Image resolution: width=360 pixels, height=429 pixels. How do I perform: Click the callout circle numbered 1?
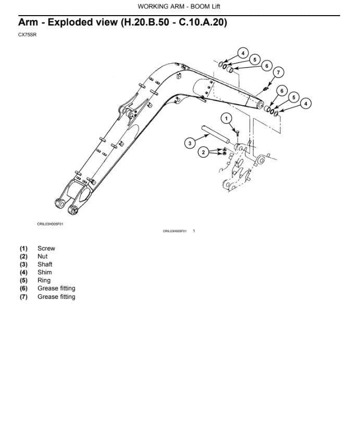pyautogui.click(x=226, y=119)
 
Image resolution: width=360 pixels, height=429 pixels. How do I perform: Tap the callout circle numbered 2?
pyautogui.click(x=203, y=152)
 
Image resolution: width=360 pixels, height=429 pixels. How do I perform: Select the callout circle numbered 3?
pyautogui.click(x=190, y=142)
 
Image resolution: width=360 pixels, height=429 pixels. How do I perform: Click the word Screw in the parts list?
pyautogui.click(x=46, y=248)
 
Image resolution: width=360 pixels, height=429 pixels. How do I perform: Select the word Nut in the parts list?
pyautogui.click(x=42, y=256)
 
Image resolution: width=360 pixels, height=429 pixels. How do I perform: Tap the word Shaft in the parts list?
pyautogui.click(x=45, y=264)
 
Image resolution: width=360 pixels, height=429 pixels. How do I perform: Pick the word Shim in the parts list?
pyautogui.click(x=44, y=272)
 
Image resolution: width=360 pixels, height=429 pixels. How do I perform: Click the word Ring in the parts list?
pyautogui.click(x=44, y=280)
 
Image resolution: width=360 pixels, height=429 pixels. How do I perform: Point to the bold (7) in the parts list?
pyautogui.click(x=24, y=297)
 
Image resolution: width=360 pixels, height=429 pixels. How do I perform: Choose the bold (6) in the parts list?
pyautogui.click(x=24, y=288)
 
